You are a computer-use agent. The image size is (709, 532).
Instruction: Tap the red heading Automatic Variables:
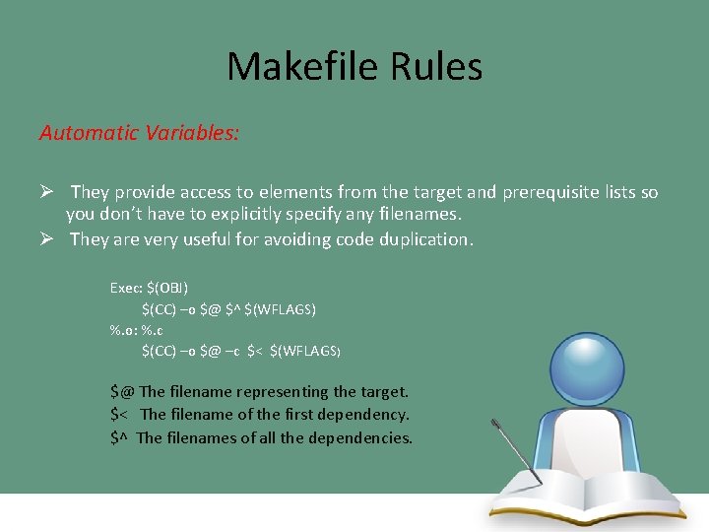click(x=139, y=133)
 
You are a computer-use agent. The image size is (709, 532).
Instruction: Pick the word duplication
click(x=421, y=239)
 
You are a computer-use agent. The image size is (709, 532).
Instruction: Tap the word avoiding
click(x=302, y=239)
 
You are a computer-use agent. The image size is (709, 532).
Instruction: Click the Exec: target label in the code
click(x=125, y=288)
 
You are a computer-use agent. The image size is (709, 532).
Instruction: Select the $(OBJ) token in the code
click(x=167, y=288)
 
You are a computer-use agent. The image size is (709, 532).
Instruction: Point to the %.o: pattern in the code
click(x=124, y=330)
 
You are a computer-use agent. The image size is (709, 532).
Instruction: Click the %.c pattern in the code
click(x=153, y=330)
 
